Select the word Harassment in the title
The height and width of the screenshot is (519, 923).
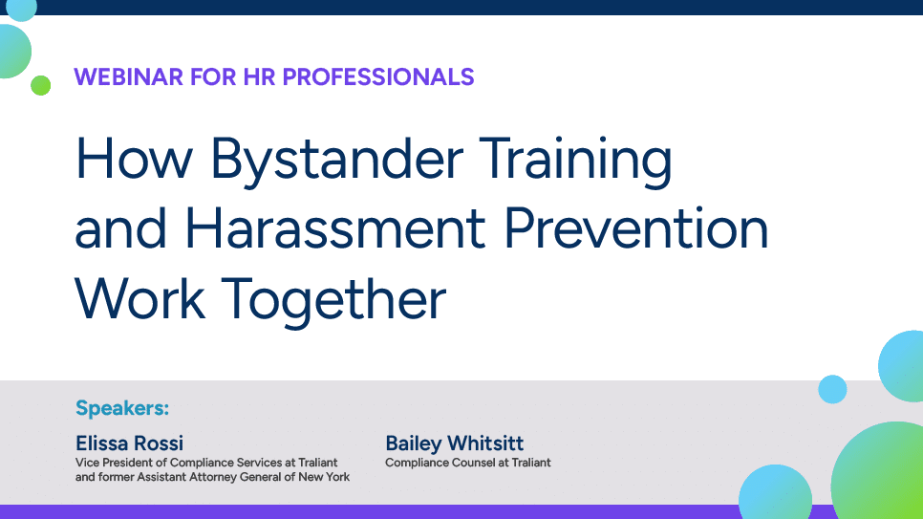coord(337,229)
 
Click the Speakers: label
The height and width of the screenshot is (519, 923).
coord(121,409)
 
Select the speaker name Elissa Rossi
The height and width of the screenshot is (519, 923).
coord(129,443)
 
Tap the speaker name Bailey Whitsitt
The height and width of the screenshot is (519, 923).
coord(454,443)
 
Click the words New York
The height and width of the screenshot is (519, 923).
coord(324,477)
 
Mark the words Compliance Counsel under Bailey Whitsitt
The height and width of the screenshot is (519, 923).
coord(431,463)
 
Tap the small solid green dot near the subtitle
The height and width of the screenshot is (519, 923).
coord(40,86)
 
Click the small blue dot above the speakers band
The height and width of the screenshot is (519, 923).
coord(832,389)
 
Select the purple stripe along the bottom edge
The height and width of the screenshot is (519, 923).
coord(382,512)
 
